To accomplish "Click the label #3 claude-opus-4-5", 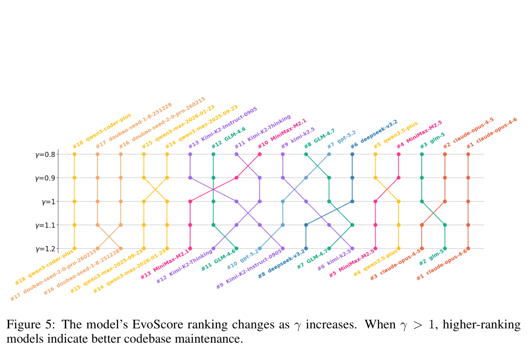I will point(395,264).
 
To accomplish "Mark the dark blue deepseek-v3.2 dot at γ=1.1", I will point(306,225).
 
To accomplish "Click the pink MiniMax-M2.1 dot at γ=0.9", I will point(236,178).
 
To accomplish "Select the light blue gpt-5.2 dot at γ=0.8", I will point(329,154).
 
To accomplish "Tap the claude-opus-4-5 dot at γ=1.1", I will point(422,225).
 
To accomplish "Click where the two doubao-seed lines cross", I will point(109,237).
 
